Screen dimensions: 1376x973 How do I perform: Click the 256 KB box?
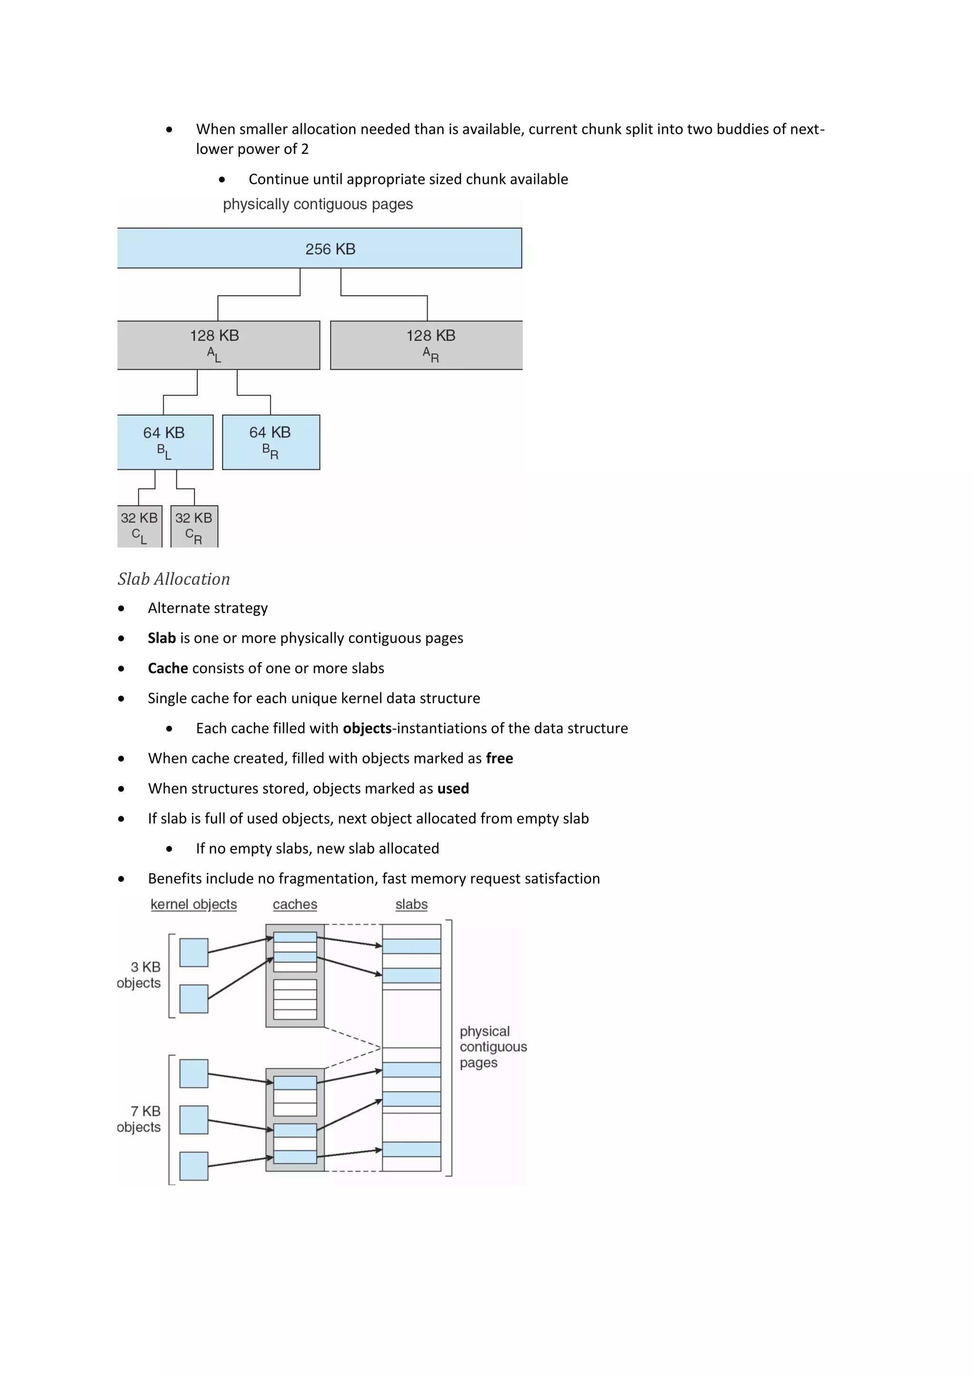[319, 248]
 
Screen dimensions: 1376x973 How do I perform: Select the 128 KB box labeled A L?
[218, 345]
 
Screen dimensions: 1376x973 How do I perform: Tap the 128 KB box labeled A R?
[426, 345]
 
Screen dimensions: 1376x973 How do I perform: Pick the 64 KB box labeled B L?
[165, 442]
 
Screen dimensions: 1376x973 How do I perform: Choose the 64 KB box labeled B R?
[271, 442]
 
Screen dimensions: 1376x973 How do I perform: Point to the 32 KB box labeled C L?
[140, 526]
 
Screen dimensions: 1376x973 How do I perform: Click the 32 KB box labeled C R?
[194, 526]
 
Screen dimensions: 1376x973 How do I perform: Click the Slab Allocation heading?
[174, 579]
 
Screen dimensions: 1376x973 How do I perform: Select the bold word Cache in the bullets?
[168, 668]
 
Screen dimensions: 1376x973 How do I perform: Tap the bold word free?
[499, 758]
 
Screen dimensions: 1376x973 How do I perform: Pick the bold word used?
[453, 788]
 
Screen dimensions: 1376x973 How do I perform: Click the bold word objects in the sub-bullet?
[367, 728]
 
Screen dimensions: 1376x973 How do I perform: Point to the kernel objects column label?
[193, 904]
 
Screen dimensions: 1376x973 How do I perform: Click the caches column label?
[295, 904]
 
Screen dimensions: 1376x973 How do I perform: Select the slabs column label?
[411, 904]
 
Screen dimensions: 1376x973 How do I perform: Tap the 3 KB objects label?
[140, 975]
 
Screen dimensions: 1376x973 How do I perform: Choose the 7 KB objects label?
[140, 1119]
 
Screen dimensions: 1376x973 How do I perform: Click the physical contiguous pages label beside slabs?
[493, 1047]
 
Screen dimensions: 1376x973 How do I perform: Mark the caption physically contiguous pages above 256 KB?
[317, 204]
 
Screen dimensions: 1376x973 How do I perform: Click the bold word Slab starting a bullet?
[162, 638]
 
